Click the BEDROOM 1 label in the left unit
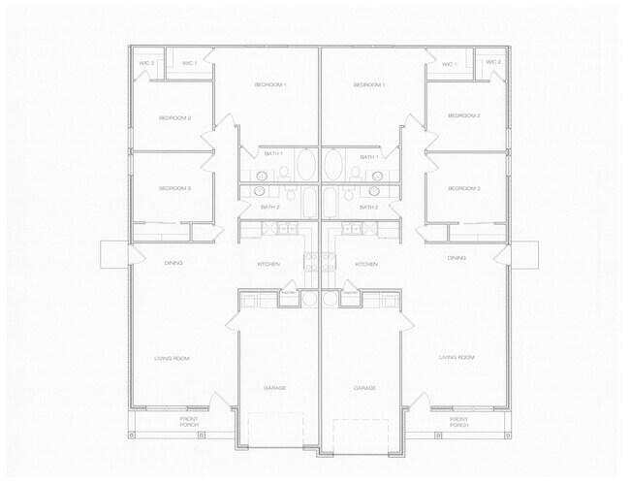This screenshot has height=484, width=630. coord(270,85)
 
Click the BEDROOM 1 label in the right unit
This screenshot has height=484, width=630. coord(369,85)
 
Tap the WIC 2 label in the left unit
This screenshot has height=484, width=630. coord(147,63)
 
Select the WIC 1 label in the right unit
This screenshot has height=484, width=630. coord(449,64)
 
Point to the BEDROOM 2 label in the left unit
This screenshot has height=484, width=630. coord(174,117)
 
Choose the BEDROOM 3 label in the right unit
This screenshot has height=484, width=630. coord(464,188)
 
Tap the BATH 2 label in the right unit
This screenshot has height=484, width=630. coord(368,207)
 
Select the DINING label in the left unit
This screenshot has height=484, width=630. coord(173,263)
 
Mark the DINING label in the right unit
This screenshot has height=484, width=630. coord(457,258)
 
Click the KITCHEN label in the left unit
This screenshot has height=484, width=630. coord(268,264)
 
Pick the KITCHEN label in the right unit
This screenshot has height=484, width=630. coord(366,264)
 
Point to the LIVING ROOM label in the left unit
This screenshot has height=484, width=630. coord(172,358)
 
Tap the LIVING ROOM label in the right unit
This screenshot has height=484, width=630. coord(457,358)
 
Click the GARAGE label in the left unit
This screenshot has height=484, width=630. coord(274,387)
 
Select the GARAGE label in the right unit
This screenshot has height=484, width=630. coord(364,387)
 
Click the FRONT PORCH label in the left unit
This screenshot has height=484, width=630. coord(189,422)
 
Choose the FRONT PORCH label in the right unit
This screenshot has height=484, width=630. coord(459,422)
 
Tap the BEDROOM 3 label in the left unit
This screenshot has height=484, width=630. coord(174,187)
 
